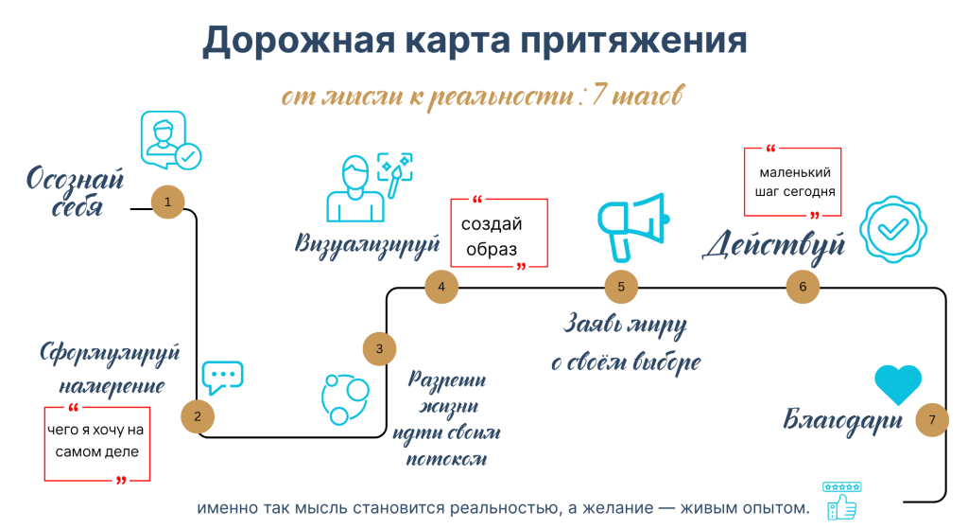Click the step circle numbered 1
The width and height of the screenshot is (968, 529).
(x=168, y=203)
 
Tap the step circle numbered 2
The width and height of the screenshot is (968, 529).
(x=198, y=416)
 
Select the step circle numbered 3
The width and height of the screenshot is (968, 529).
(x=379, y=348)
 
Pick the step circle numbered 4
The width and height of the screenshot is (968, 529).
(x=441, y=287)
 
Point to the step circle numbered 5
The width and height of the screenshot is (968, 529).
(x=621, y=287)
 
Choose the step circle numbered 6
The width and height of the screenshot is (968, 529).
(x=803, y=287)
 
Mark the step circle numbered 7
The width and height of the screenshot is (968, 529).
(x=932, y=420)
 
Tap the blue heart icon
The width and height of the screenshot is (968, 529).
(x=898, y=384)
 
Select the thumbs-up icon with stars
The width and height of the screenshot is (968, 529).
(x=842, y=502)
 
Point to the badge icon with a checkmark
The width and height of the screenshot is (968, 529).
(x=893, y=229)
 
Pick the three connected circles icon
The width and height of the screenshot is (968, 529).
(x=345, y=398)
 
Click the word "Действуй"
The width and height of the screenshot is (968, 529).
(x=774, y=245)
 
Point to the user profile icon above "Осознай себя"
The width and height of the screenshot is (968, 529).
(x=170, y=140)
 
